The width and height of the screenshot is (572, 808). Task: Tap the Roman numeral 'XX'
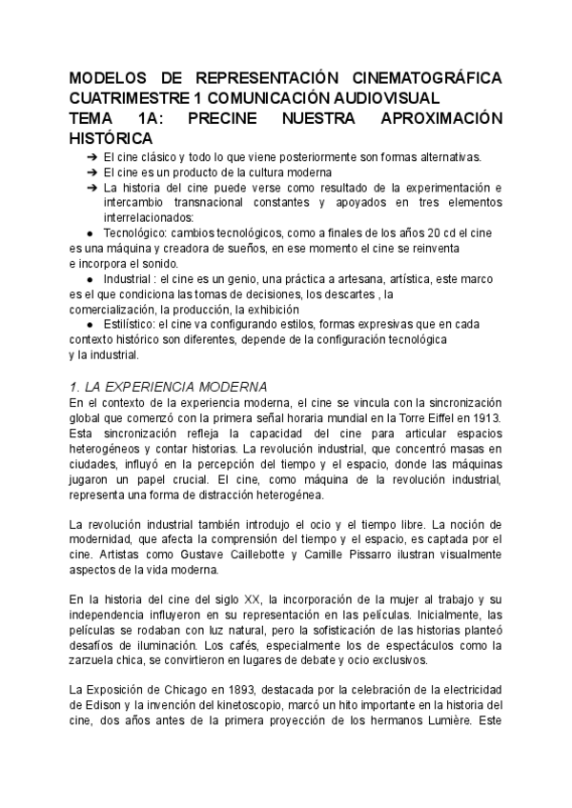[253, 599]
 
